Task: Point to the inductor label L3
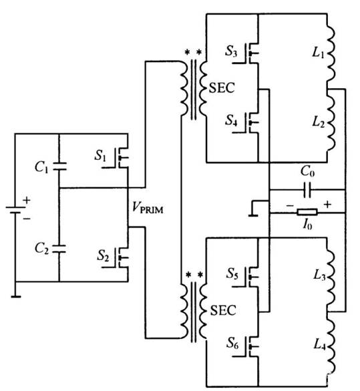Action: tap(309, 276)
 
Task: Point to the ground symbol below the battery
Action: tap(15, 293)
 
